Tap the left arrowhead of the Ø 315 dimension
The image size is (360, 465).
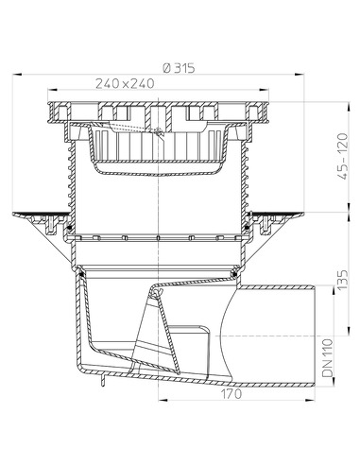click(x=18, y=75)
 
